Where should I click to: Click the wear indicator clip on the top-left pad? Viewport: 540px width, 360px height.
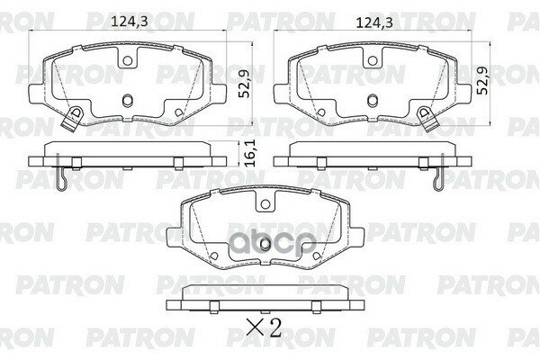pos(75,114)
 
